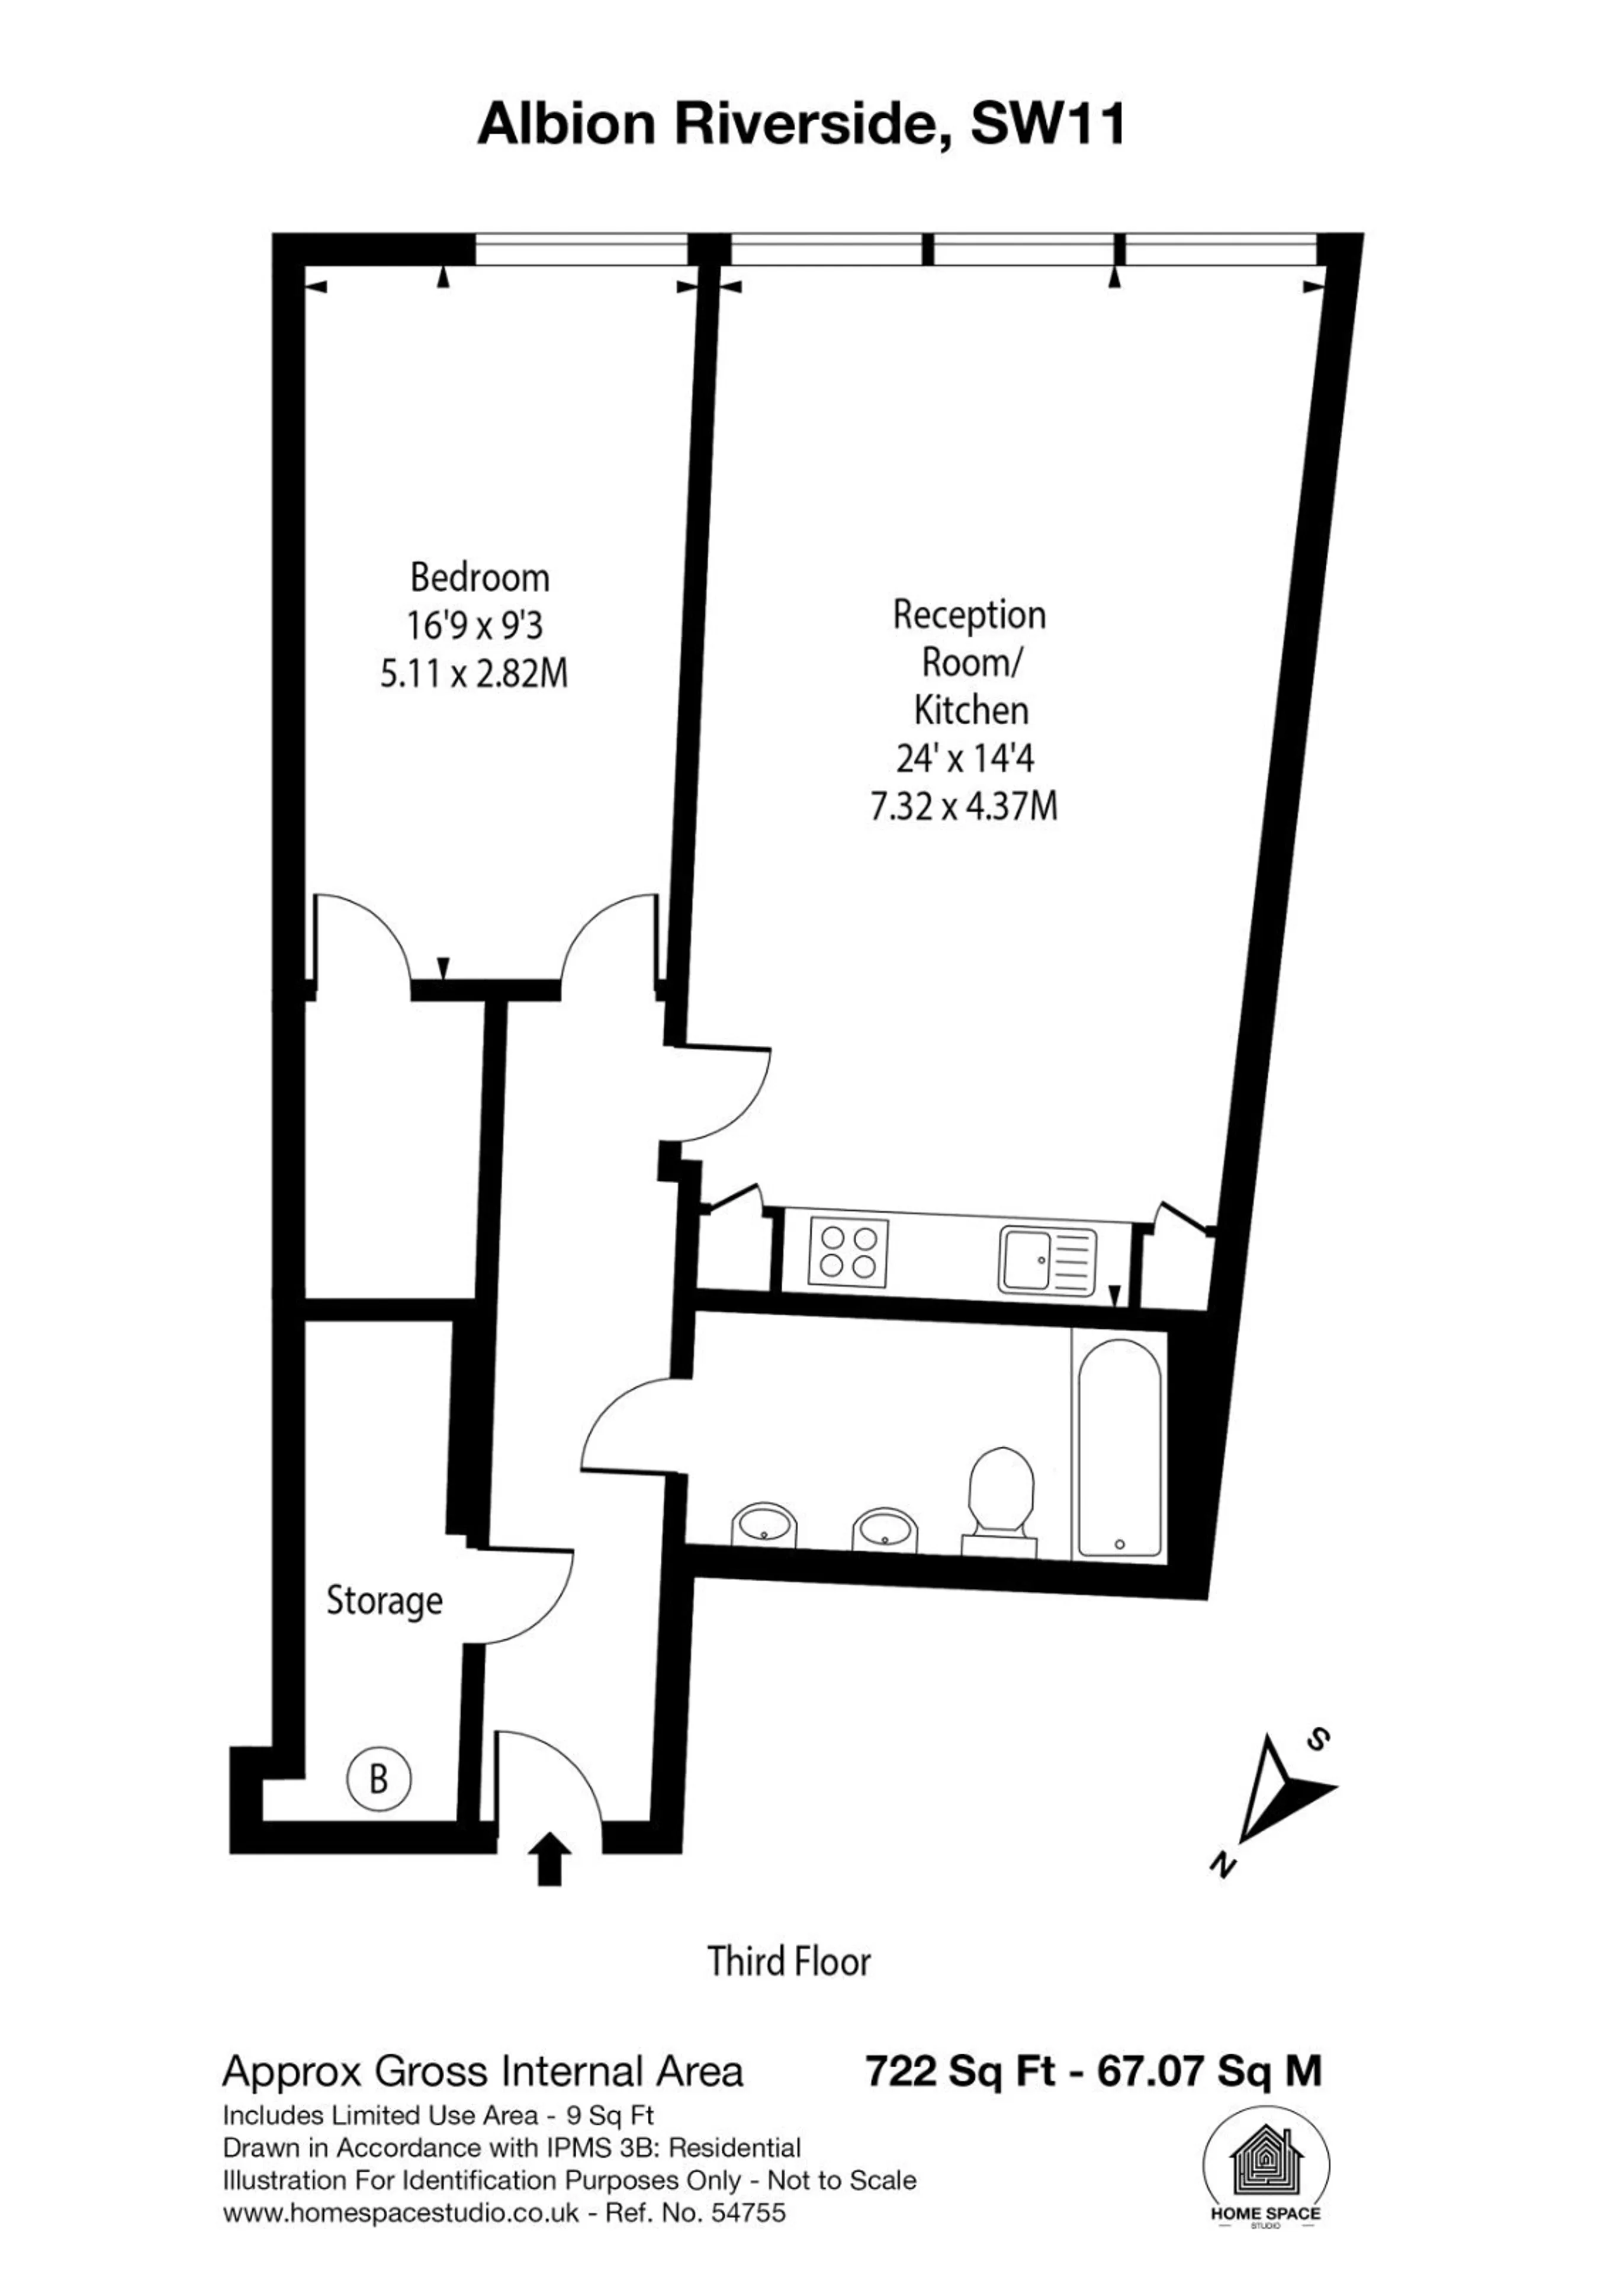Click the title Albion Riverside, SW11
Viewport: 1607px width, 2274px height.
coord(802,126)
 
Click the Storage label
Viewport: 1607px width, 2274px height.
coord(384,1601)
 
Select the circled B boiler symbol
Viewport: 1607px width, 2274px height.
coord(378,1780)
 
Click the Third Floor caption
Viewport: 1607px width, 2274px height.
coord(789,1961)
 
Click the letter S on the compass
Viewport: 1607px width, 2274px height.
coord(1318,1739)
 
